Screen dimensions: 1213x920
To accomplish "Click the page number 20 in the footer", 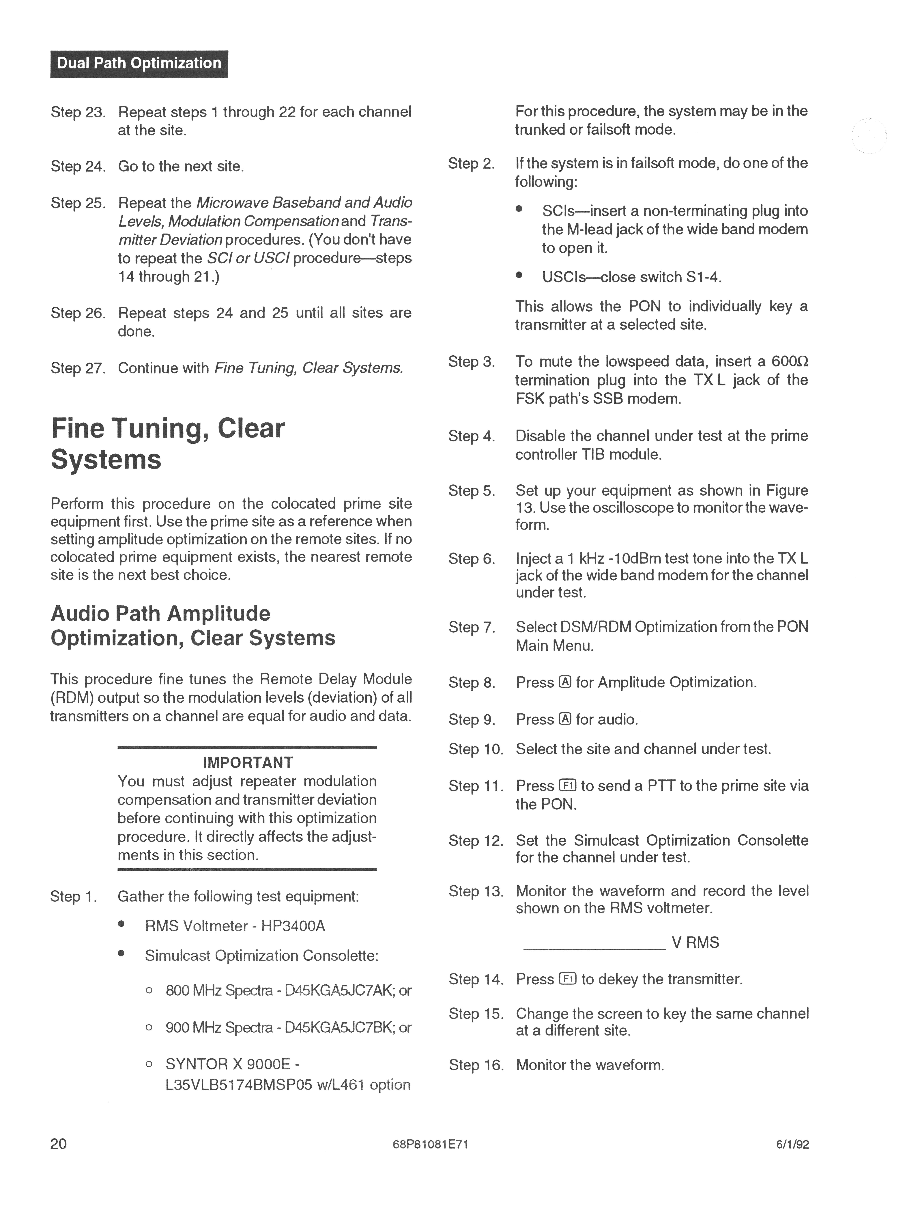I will [x=59, y=1143].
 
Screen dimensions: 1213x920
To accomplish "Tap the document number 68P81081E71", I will [x=430, y=1144].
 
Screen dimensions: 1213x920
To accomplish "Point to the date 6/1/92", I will [x=792, y=1144].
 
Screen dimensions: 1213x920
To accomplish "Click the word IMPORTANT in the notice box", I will [x=248, y=763].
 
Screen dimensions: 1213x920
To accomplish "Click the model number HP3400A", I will [x=293, y=926].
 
